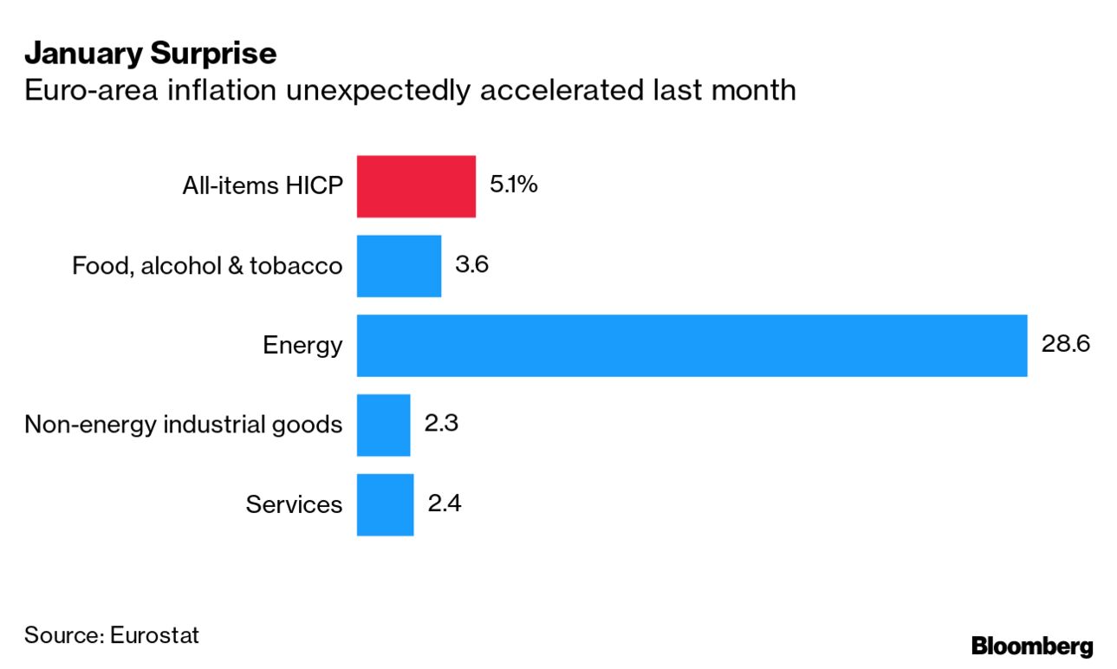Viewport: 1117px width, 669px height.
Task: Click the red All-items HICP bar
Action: [x=416, y=186]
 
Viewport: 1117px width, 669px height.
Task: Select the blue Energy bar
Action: [x=692, y=346]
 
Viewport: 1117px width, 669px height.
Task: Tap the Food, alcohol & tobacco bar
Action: [x=399, y=266]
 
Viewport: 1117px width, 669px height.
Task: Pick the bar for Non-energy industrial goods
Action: [x=383, y=425]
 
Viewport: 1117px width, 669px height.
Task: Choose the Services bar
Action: [x=385, y=504]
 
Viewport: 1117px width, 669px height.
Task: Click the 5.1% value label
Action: [x=513, y=185]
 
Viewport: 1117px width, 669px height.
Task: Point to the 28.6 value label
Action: [x=1064, y=344]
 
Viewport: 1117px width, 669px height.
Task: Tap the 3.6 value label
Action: [x=471, y=264]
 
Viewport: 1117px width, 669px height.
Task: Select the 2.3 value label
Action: [x=440, y=424]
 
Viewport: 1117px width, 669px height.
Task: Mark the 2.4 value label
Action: [x=444, y=503]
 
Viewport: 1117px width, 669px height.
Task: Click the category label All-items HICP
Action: [x=262, y=186]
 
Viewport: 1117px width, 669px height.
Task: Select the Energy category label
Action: [x=302, y=346]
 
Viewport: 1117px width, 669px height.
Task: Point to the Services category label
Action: [x=294, y=504]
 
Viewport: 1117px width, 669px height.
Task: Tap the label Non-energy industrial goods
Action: [x=183, y=425]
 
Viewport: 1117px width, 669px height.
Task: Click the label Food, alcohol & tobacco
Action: [x=207, y=266]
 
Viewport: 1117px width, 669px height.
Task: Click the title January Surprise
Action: [x=150, y=54]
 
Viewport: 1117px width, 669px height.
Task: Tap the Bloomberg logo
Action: [x=1032, y=646]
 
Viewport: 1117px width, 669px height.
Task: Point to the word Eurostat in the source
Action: [x=155, y=635]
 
